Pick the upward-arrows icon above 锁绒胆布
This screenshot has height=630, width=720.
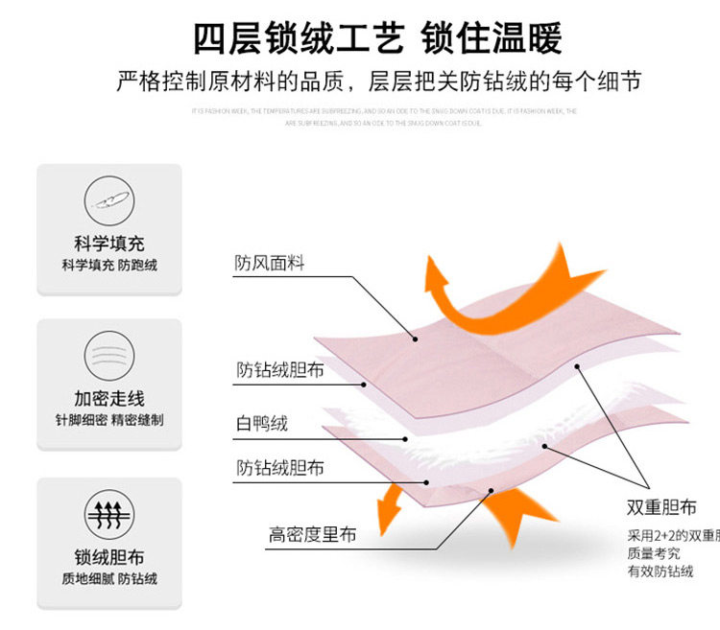click(x=108, y=511)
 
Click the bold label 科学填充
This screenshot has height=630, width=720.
click(x=108, y=244)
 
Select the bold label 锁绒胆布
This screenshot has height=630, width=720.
click(x=108, y=557)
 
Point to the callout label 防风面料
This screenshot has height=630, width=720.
click(x=269, y=263)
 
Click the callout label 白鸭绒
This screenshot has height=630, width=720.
click(x=262, y=423)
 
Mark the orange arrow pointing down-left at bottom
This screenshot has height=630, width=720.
click(x=389, y=508)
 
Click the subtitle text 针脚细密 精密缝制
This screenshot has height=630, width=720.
click(x=108, y=420)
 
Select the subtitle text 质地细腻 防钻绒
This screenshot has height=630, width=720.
click(x=108, y=578)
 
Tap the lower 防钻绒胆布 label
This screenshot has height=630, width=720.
click(x=280, y=468)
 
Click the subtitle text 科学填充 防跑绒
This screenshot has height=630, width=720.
click(x=108, y=265)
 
